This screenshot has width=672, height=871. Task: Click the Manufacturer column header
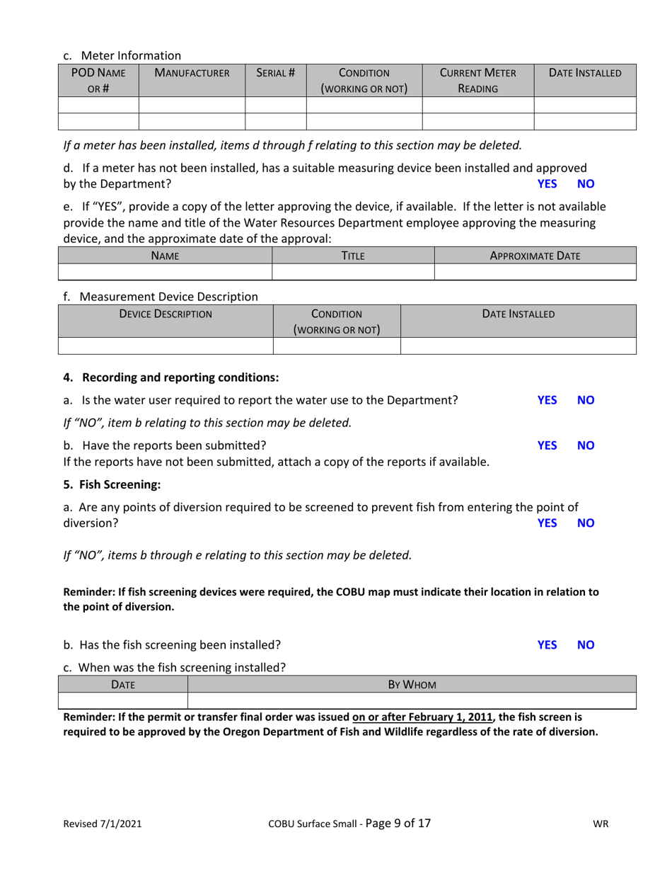click(x=192, y=73)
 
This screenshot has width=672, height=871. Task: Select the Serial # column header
click(x=275, y=73)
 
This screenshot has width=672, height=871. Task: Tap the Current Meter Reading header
click(x=477, y=81)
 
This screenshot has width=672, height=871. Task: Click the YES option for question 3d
click(x=548, y=184)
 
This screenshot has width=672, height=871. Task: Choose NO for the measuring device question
click(x=586, y=184)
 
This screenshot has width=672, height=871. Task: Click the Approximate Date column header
click(x=535, y=256)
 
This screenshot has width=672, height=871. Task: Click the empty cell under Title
click(x=352, y=272)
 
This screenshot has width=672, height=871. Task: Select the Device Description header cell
click(x=165, y=314)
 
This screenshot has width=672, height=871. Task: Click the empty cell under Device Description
click(x=165, y=346)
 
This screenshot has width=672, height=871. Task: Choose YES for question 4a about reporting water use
click(x=548, y=400)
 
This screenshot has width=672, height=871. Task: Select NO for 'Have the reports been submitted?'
click(x=586, y=445)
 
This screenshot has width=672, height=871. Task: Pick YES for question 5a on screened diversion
click(x=548, y=523)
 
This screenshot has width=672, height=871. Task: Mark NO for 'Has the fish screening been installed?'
click(x=586, y=645)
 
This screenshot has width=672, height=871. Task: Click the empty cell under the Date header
click(x=122, y=701)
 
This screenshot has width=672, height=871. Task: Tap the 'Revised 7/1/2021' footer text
click(x=103, y=824)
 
